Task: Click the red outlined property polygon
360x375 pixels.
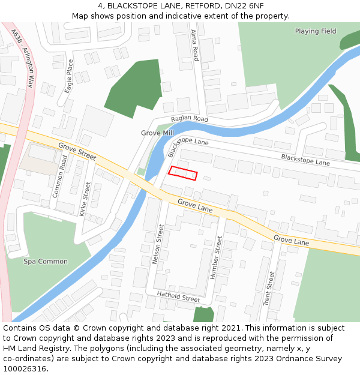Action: (x=182, y=173)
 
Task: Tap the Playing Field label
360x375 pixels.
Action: (x=315, y=31)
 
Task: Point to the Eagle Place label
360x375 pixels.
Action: (x=69, y=76)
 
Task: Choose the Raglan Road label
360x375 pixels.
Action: (x=189, y=120)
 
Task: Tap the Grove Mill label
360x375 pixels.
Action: (x=157, y=133)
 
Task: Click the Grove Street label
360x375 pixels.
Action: (x=77, y=151)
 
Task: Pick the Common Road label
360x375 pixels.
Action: (x=60, y=176)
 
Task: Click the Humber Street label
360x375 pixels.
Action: (x=215, y=257)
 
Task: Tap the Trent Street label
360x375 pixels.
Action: (x=269, y=288)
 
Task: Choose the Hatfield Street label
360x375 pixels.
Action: (x=178, y=296)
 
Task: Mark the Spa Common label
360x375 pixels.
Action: (x=46, y=262)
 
